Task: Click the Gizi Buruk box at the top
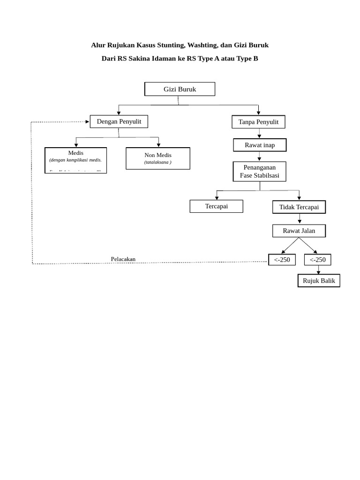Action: (180, 89)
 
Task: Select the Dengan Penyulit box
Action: (119, 121)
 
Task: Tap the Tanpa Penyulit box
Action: (258, 122)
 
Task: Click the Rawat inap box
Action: (260, 145)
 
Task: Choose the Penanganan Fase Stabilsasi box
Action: (259, 172)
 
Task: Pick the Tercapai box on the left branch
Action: (216, 206)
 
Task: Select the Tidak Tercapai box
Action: (299, 207)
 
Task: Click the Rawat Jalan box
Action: (299, 231)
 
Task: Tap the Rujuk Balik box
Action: (319, 281)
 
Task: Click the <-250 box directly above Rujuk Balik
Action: (317, 260)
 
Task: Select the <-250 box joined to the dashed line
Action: (282, 260)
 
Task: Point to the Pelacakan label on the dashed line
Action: (123, 259)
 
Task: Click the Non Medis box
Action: (158, 158)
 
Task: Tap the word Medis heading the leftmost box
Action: (75, 153)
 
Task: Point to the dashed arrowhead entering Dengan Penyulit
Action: (87, 122)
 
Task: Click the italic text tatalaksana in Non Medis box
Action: (157, 162)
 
